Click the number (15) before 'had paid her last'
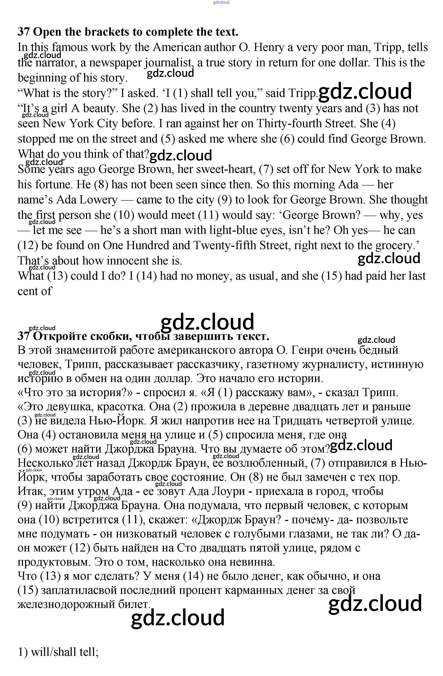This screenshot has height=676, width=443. tap(331, 276)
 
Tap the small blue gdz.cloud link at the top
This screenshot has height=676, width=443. tap(221, 3)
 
